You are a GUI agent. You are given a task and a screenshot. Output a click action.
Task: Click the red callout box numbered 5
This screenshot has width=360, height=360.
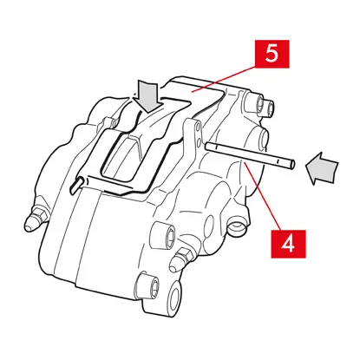point(272,54)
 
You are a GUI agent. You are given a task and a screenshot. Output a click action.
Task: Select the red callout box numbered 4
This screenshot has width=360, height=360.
point(288,244)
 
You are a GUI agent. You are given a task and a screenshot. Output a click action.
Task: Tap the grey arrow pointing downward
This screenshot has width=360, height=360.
point(147,96)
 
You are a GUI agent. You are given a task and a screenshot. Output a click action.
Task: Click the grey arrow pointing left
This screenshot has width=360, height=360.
point(321,168)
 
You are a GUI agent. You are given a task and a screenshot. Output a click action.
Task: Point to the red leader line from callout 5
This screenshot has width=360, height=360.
point(223,79)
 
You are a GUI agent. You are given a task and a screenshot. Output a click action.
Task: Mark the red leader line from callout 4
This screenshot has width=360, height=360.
point(262,197)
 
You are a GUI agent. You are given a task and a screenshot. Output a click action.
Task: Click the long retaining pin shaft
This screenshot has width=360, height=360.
point(250,155)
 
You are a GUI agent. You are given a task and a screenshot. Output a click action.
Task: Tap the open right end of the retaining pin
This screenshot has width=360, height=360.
point(292,165)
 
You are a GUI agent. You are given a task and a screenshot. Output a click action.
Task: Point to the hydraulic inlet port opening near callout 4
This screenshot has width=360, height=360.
point(237,226)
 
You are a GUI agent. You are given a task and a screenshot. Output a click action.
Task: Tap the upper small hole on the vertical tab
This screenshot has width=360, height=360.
point(198,128)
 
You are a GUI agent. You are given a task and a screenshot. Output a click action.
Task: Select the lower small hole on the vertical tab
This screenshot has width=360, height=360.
point(199,142)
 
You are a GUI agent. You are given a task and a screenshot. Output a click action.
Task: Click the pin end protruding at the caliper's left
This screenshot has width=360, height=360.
point(75,185)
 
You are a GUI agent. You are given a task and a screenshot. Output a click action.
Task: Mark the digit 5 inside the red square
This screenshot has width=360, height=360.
point(272,54)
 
